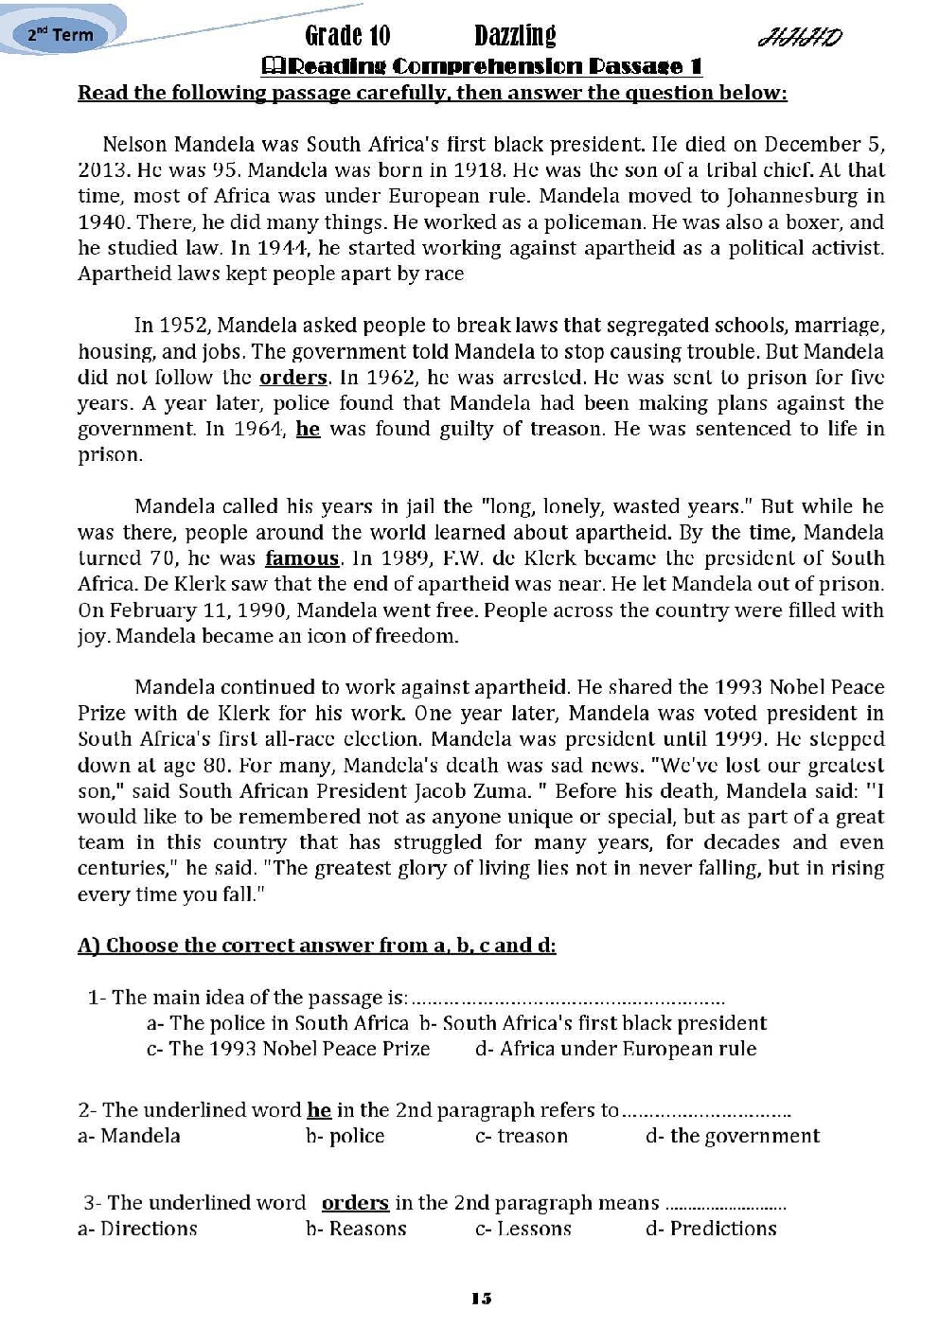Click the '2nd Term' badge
click(61, 35)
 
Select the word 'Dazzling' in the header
click(515, 36)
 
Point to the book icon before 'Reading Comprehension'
click(271, 66)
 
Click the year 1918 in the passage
click(476, 170)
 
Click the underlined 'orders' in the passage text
click(292, 378)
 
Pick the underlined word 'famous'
click(302, 558)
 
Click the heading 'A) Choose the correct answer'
click(316, 946)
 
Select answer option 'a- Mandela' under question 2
click(129, 1136)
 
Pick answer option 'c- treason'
click(522, 1136)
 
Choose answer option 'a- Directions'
click(137, 1229)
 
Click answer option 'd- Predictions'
click(711, 1229)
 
